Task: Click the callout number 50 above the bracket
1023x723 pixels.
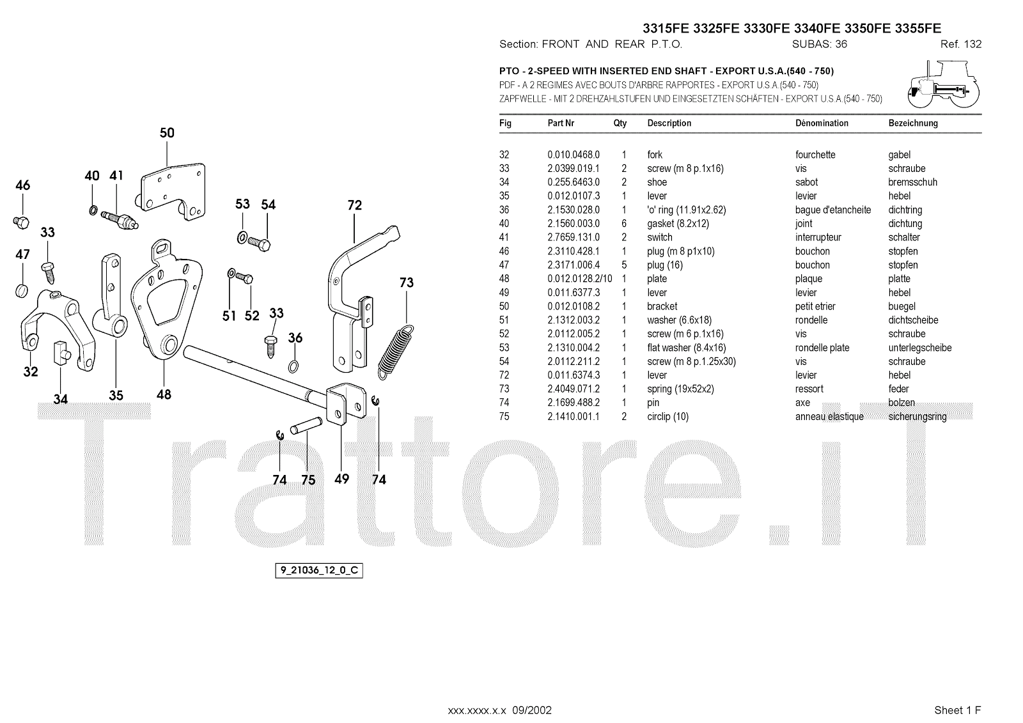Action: pyautogui.click(x=166, y=133)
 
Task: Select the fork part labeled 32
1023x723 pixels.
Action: pyautogui.click(x=54, y=326)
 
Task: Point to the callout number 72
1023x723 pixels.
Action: pyautogui.click(x=354, y=205)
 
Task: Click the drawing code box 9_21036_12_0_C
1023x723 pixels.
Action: pyautogui.click(x=319, y=570)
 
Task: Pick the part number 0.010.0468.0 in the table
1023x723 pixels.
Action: pyautogui.click(x=574, y=155)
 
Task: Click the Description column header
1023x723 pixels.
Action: pyautogui.click(x=669, y=123)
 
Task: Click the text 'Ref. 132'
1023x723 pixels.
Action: pyautogui.click(x=960, y=44)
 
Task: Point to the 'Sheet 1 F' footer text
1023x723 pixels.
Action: pyautogui.click(x=957, y=710)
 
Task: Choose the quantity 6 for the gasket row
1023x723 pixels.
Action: pyautogui.click(x=624, y=224)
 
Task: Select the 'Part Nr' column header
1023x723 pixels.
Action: pyautogui.click(x=561, y=123)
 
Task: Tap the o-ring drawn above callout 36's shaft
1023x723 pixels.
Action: pyautogui.click(x=293, y=366)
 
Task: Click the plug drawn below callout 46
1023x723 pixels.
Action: pyautogui.click(x=21, y=222)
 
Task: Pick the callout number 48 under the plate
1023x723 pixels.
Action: pyautogui.click(x=164, y=394)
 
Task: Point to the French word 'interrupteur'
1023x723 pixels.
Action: pyautogui.click(x=818, y=237)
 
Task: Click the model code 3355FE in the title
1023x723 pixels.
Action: pyautogui.click(x=918, y=28)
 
